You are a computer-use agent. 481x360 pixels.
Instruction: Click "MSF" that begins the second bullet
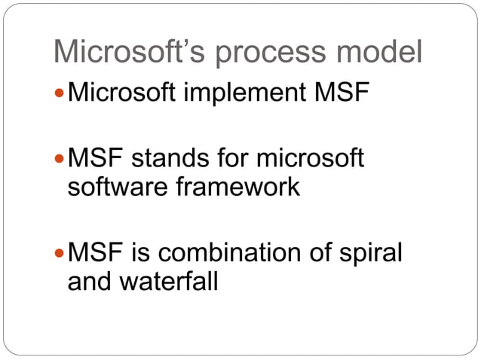pos(94,159)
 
